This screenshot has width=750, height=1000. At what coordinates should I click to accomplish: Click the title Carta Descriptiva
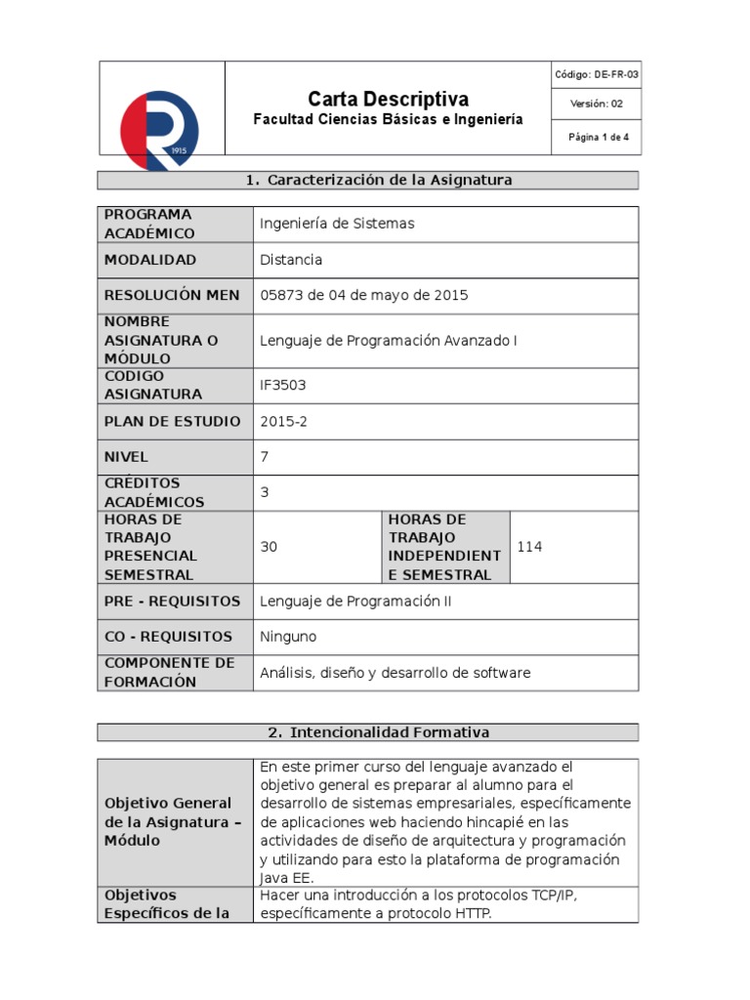[388, 99]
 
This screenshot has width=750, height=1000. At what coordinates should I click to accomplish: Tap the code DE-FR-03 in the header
[597, 74]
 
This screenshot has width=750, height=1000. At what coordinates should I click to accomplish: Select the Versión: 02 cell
[597, 104]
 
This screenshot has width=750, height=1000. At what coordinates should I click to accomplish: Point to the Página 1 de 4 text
[598, 138]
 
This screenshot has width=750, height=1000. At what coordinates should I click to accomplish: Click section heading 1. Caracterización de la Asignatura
[379, 180]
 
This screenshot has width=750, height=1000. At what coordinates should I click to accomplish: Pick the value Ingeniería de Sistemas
[337, 224]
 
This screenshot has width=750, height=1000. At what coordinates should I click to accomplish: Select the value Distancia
[291, 260]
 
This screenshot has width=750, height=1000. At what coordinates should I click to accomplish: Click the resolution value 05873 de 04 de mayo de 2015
[364, 295]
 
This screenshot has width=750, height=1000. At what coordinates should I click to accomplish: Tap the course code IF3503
[283, 385]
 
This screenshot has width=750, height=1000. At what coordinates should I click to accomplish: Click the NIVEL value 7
[265, 456]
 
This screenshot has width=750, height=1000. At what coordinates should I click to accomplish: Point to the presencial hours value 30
[269, 547]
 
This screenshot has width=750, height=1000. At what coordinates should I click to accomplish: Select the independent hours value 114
[529, 547]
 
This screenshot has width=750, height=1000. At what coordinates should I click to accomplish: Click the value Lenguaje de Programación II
[355, 602]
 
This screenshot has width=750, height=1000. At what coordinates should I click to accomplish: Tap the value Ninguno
[288, 637]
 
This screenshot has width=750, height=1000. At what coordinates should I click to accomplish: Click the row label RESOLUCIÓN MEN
[172, 295]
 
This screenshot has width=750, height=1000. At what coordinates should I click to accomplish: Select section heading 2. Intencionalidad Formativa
[378, 731]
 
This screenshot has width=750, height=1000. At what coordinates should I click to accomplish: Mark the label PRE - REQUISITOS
[172, 602]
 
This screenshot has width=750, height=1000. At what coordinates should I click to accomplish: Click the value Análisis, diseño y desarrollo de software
[396, 673]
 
